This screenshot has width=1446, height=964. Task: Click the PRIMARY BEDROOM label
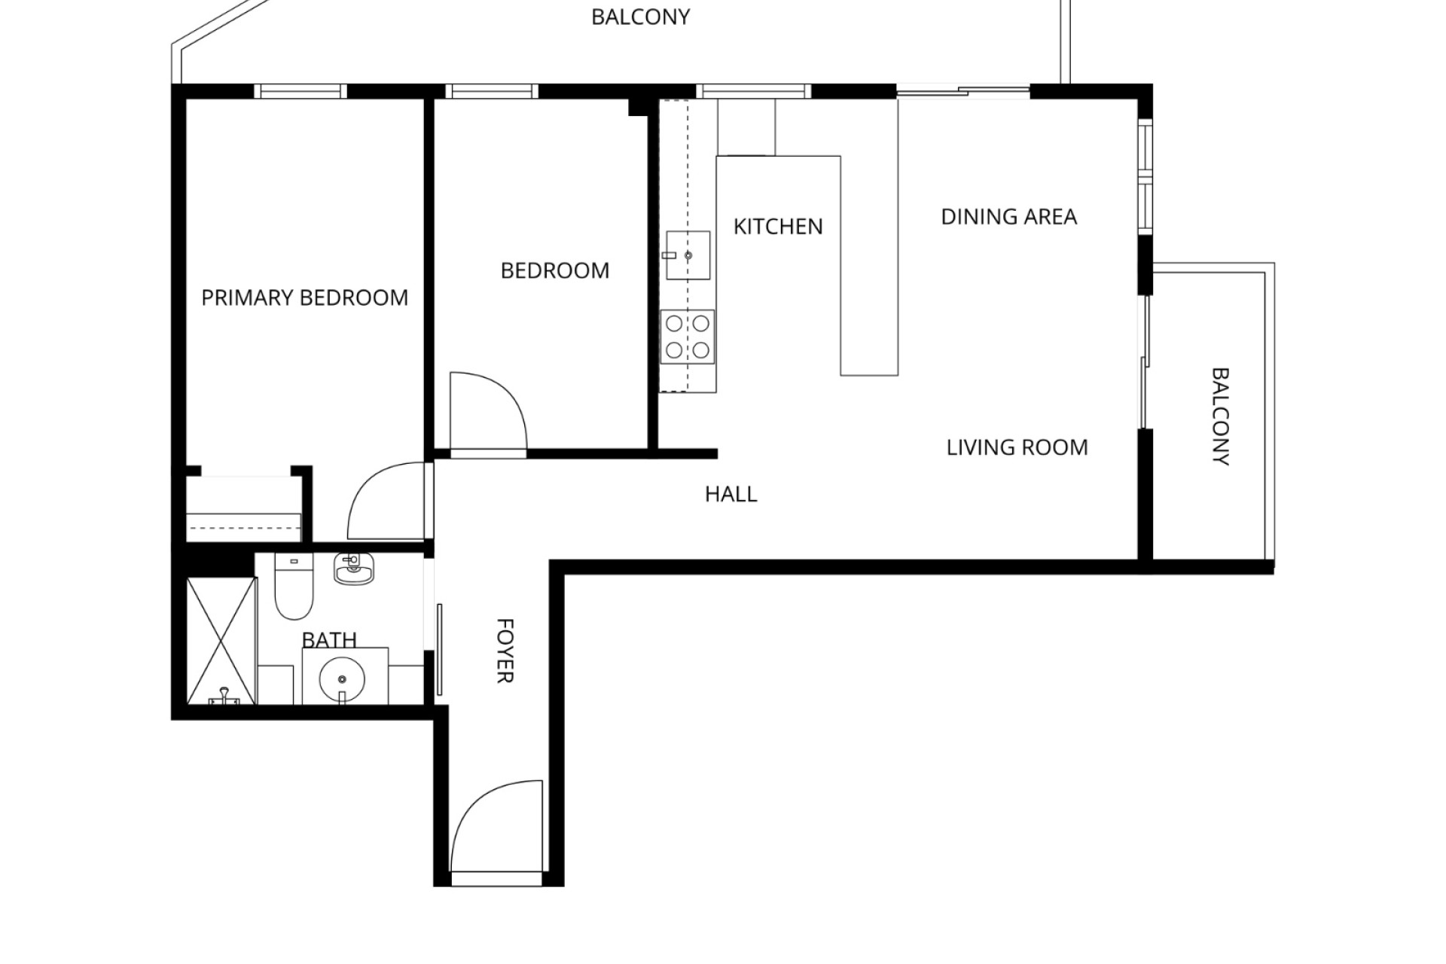304,298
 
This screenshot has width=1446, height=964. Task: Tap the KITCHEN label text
778,227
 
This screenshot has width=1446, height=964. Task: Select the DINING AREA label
1008,217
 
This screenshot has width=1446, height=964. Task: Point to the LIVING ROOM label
1017,447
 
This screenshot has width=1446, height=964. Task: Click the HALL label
731,494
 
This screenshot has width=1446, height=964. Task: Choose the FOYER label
505,651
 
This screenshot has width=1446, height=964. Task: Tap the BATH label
329,640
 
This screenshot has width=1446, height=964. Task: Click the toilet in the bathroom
294,586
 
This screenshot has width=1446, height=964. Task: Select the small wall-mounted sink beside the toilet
353,569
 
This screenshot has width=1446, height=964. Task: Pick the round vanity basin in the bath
342,679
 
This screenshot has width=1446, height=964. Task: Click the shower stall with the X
221,641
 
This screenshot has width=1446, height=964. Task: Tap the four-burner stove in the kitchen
688,337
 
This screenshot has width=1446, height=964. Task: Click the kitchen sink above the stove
688,255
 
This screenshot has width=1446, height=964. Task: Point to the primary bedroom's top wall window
300,91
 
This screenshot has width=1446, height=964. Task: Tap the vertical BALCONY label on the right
1220,416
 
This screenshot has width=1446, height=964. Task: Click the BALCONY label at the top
640,17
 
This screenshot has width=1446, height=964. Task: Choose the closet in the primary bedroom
243,508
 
